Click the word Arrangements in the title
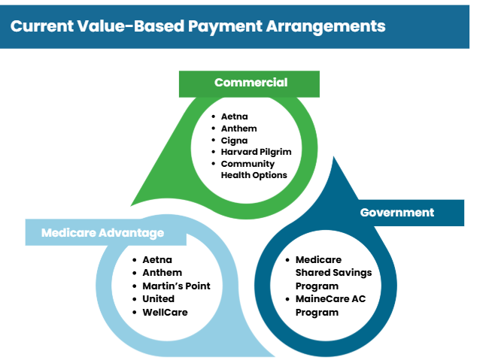[326, 26]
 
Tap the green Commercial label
[251, 83]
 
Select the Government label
[397, 213]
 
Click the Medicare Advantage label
[102, 233]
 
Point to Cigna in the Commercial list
[234, 141]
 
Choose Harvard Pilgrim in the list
[256, 152]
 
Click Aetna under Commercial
[234, 116]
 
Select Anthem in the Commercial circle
[239, 129]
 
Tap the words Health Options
[254, 175]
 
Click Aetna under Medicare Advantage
[157, 259]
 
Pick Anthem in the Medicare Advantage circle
[162, 273]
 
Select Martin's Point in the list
[176, 286]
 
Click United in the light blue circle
[159, 298]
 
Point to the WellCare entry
[165, 313]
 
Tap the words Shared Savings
[334, 273]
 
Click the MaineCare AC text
[330, 298]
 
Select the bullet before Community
[214, 164]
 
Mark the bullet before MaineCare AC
[287, 299]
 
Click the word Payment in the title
[225, 26]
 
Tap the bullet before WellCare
[135, 313]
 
